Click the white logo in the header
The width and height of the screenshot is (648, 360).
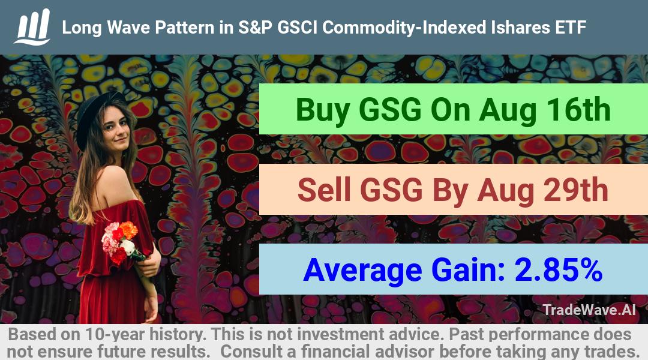32,27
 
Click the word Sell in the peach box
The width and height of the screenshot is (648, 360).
324,190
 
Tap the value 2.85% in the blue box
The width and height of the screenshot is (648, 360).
558,269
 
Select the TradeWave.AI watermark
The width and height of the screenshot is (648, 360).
589,310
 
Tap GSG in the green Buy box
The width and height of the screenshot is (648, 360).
390,110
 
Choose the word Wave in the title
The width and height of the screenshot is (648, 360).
128,28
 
